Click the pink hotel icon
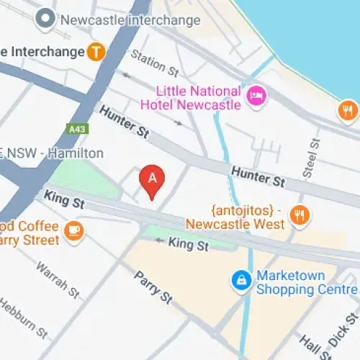[254, 96]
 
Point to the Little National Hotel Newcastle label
[199, 97]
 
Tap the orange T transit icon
[95, 51]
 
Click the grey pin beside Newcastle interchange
[46, 19]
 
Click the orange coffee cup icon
[74, 231]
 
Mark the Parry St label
[152, 287]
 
